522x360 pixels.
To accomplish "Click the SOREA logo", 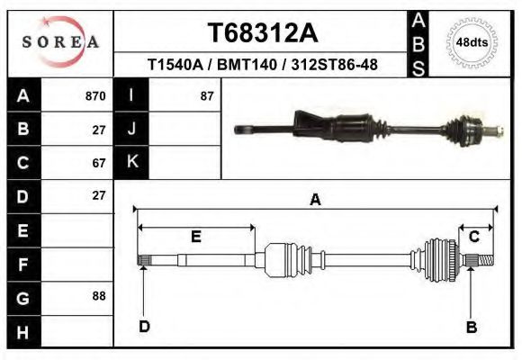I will tap(60, 42).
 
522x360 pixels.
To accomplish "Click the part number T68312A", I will tap(262, 33).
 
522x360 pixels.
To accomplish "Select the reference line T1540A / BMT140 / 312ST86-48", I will tap(262, 65).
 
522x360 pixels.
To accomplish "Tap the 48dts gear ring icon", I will tap(472, 42).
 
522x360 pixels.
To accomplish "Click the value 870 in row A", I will tap(94, 95).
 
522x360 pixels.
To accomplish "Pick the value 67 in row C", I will tap(99, 163).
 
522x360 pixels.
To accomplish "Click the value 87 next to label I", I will tap(206, 95).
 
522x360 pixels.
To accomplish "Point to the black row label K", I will tap(132, 163).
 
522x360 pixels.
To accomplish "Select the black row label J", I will tap(132, 129).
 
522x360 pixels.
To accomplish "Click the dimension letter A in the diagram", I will tap(315, 200).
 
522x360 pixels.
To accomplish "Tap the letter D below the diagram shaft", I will tap(143, 327).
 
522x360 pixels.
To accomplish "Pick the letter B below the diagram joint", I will tap(471, 327).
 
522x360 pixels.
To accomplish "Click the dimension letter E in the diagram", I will tap(195, 237).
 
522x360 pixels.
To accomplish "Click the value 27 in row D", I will tap(99, 195).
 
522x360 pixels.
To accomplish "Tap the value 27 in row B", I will tap(99, 129).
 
